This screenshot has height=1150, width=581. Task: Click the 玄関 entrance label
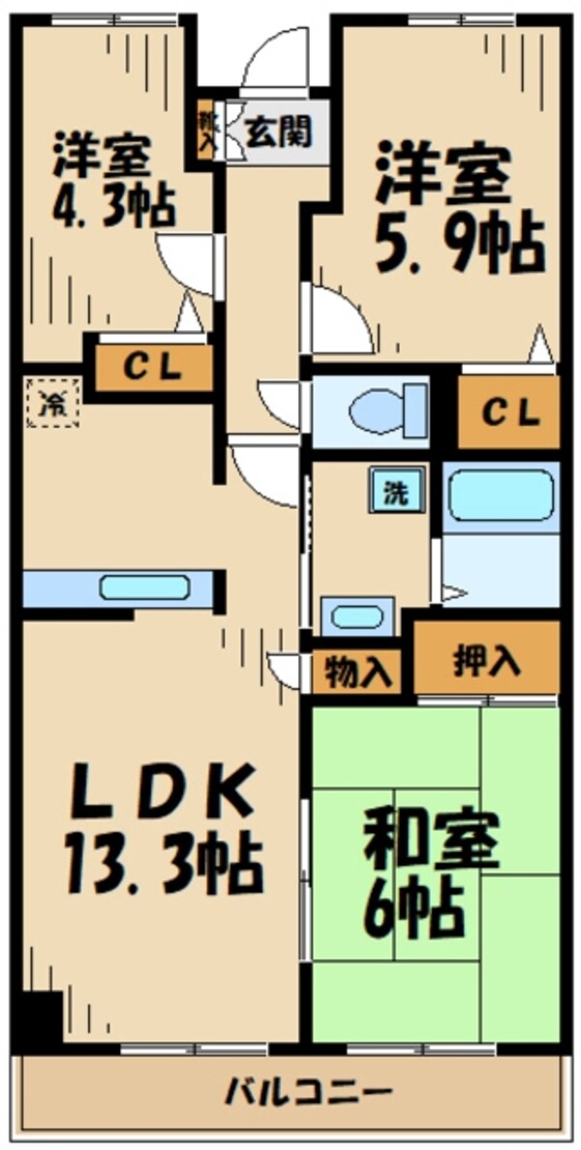[277, 132]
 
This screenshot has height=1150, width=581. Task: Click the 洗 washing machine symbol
[394, 491]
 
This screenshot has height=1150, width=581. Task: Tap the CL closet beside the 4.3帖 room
[153, 368]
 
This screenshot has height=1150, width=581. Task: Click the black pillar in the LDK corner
[41, 1016]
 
